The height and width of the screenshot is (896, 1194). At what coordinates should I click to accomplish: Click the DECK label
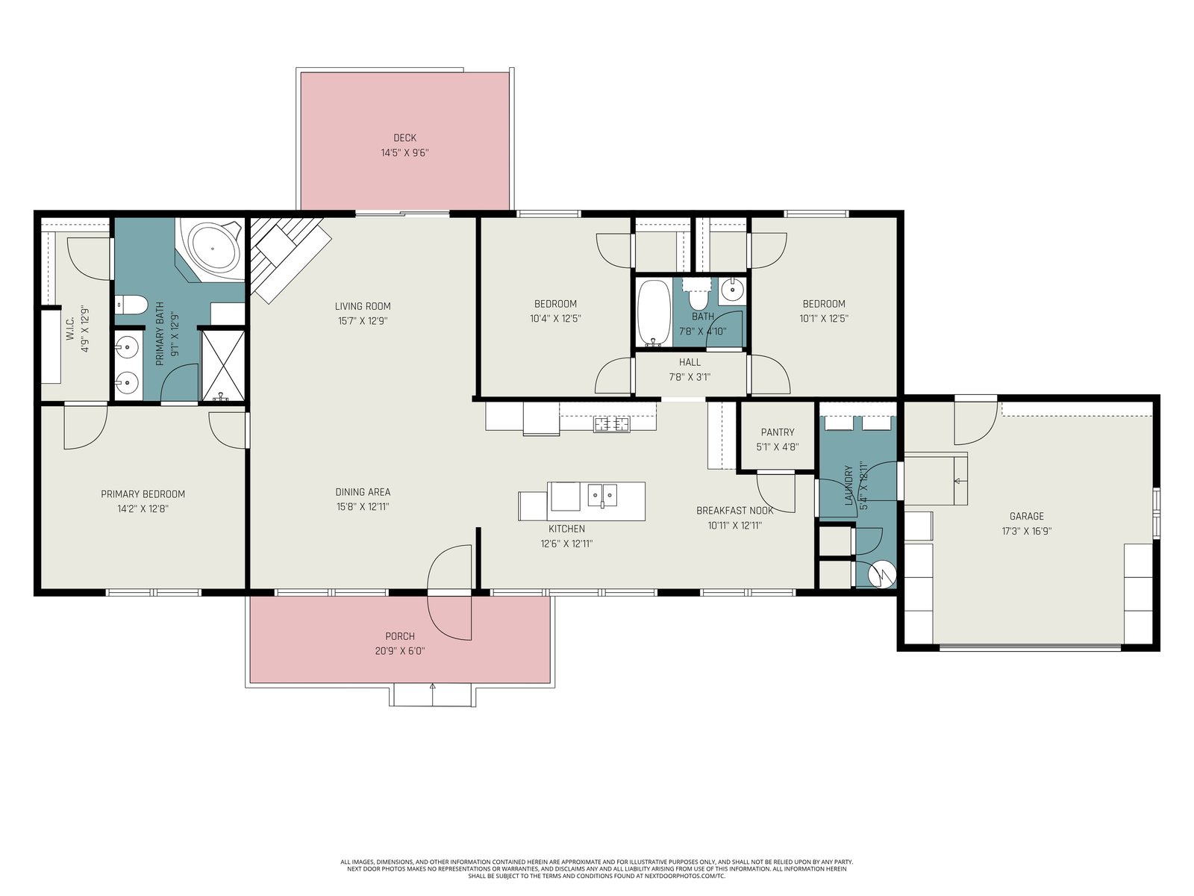[404, 138]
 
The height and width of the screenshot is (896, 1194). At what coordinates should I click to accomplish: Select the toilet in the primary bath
[131, 305]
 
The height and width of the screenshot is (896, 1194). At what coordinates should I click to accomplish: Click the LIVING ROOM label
[363, 306]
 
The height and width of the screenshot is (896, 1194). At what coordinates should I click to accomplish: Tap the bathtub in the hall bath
[653, 312]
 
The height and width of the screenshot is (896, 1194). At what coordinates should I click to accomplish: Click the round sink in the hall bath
[731, 291]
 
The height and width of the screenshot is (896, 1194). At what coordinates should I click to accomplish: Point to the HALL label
[690, 362]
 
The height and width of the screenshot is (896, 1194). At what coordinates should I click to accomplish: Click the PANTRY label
[778, 432]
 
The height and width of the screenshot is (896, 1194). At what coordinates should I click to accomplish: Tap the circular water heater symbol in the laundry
[881, 574]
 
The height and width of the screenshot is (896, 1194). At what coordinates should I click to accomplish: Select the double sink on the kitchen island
[603, 494]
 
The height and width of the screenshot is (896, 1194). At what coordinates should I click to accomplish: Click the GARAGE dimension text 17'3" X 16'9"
[1026, 532]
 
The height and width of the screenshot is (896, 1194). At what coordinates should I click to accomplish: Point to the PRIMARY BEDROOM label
[143, 494]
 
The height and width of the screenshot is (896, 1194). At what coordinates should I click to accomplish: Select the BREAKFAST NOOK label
[735, 511]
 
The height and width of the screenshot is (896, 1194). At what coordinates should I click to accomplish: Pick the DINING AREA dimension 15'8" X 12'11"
[363, 507]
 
